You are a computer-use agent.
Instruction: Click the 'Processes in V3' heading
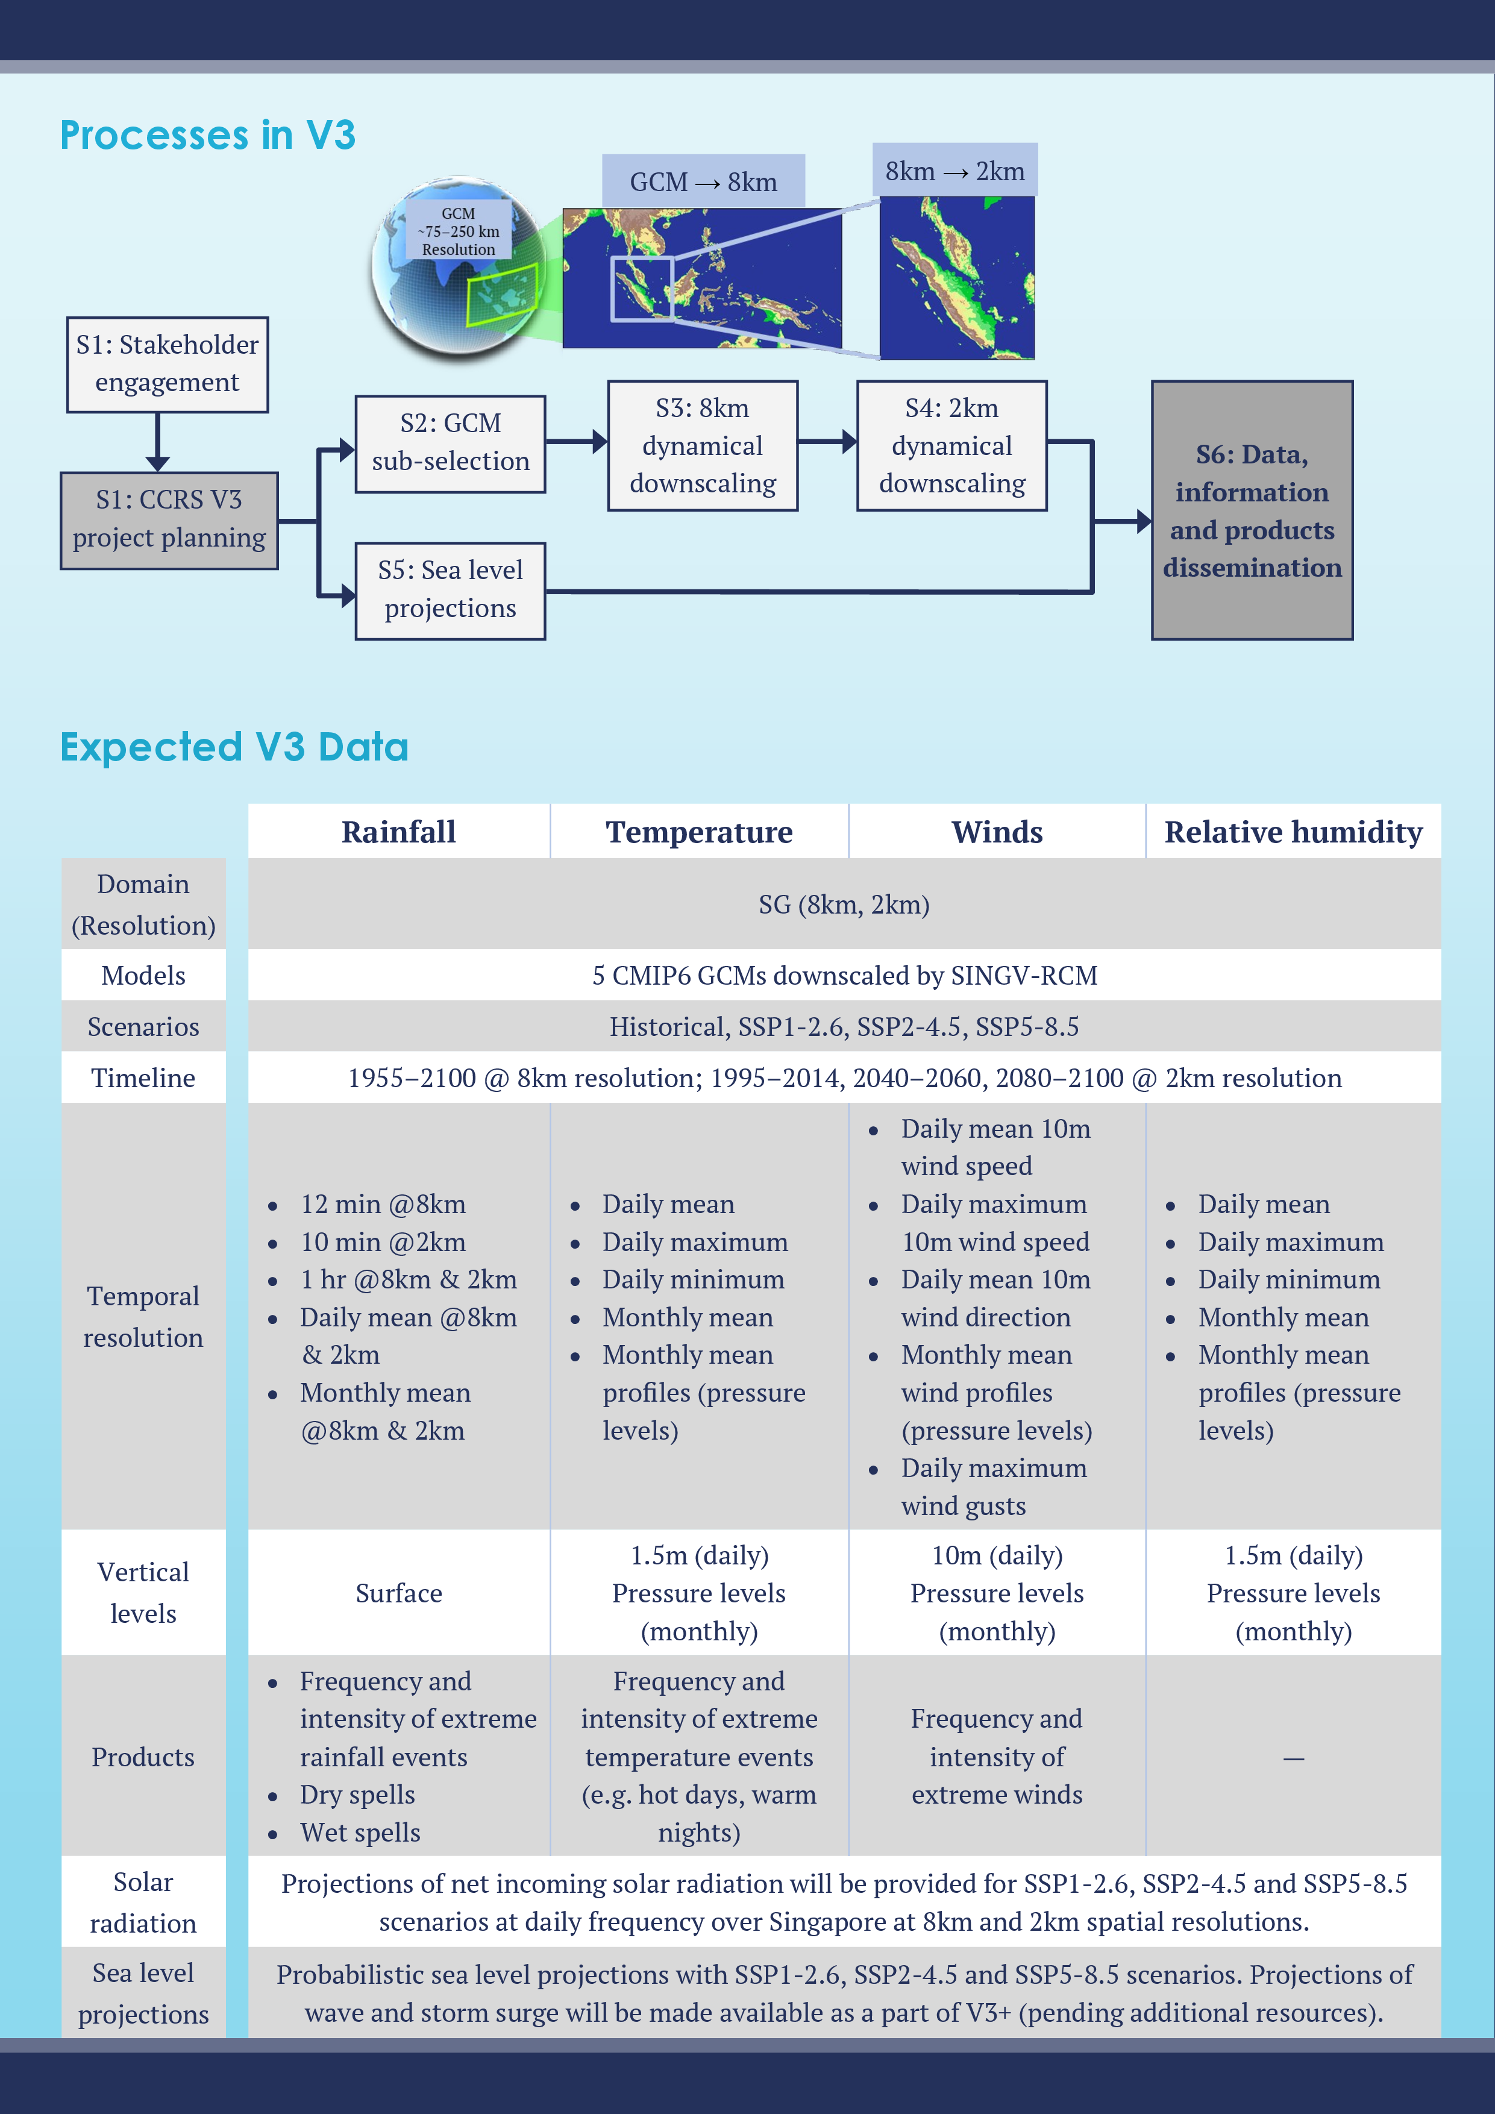point(207,136)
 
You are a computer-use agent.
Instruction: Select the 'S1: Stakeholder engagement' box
point(168,365)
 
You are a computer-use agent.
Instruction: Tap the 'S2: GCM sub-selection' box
point(450,444)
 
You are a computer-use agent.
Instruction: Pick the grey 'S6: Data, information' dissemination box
point(1252,510)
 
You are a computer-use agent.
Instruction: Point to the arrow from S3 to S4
point(827,442)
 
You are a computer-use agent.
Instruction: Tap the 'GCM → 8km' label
point(703,181)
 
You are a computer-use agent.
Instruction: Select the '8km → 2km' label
point(954,171)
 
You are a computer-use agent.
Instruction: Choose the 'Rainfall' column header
point(398,832)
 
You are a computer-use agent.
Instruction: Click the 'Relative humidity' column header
point(1293,832)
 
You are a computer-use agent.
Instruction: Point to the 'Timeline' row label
point(143,1077)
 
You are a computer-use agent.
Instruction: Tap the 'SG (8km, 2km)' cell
point(844,904)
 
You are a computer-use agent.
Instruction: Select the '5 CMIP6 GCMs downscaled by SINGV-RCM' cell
point(844,975)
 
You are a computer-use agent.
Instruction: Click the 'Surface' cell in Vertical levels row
point(398,1593)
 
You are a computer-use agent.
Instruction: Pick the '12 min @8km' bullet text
point(383,1203)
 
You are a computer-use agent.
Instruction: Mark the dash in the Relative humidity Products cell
point(1293,1758)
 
